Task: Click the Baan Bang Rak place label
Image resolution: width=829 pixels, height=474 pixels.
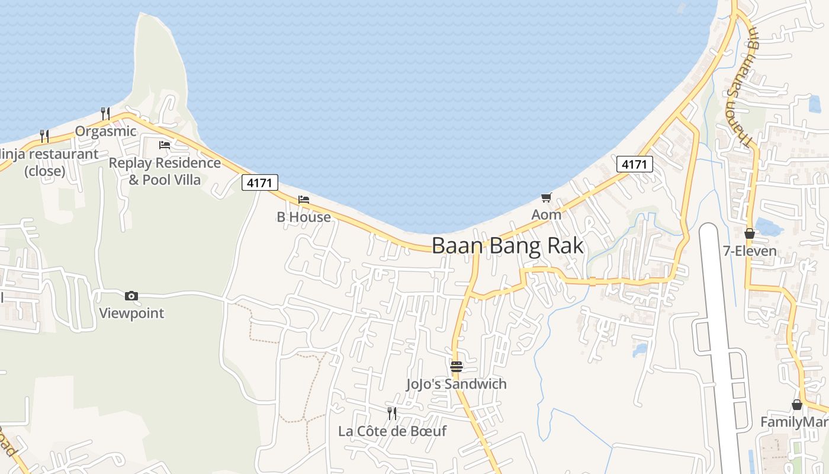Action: coord(507,245)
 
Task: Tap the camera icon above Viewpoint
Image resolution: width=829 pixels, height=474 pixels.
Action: coord(131,296)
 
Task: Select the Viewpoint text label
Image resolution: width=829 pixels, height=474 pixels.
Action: coord(131,313)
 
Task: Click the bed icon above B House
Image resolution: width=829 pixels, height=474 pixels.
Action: coord(304,200)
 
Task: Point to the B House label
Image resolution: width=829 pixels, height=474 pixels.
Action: coord(304,217)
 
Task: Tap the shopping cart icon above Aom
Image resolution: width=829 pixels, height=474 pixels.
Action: coord(546,197)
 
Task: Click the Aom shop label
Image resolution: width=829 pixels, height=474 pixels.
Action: coord(546,214)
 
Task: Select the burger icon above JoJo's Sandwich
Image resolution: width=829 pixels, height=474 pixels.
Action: coord(456,367)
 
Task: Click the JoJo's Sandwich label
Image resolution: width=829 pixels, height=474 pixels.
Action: coord(456,384)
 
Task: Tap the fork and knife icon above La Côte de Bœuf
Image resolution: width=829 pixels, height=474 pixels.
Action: coord(392,413)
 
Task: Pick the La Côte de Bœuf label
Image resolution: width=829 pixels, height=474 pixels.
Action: coord(392,431)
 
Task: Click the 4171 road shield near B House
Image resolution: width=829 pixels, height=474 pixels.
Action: coord(260,183)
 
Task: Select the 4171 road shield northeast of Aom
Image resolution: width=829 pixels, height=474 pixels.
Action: coord(634,164)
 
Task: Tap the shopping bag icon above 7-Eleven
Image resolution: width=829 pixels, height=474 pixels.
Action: coord(750,233)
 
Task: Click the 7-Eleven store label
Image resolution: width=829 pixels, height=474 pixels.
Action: coord(750,251)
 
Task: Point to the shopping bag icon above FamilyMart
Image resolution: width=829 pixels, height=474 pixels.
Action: coord(797,405)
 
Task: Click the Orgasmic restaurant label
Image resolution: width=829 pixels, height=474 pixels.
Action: coord(105,131)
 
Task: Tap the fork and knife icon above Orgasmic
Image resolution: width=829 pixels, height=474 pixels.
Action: coord(105,113)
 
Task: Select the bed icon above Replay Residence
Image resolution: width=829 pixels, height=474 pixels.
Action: coord(165,145)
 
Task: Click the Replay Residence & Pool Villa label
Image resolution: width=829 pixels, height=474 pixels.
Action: coord(165,171)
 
